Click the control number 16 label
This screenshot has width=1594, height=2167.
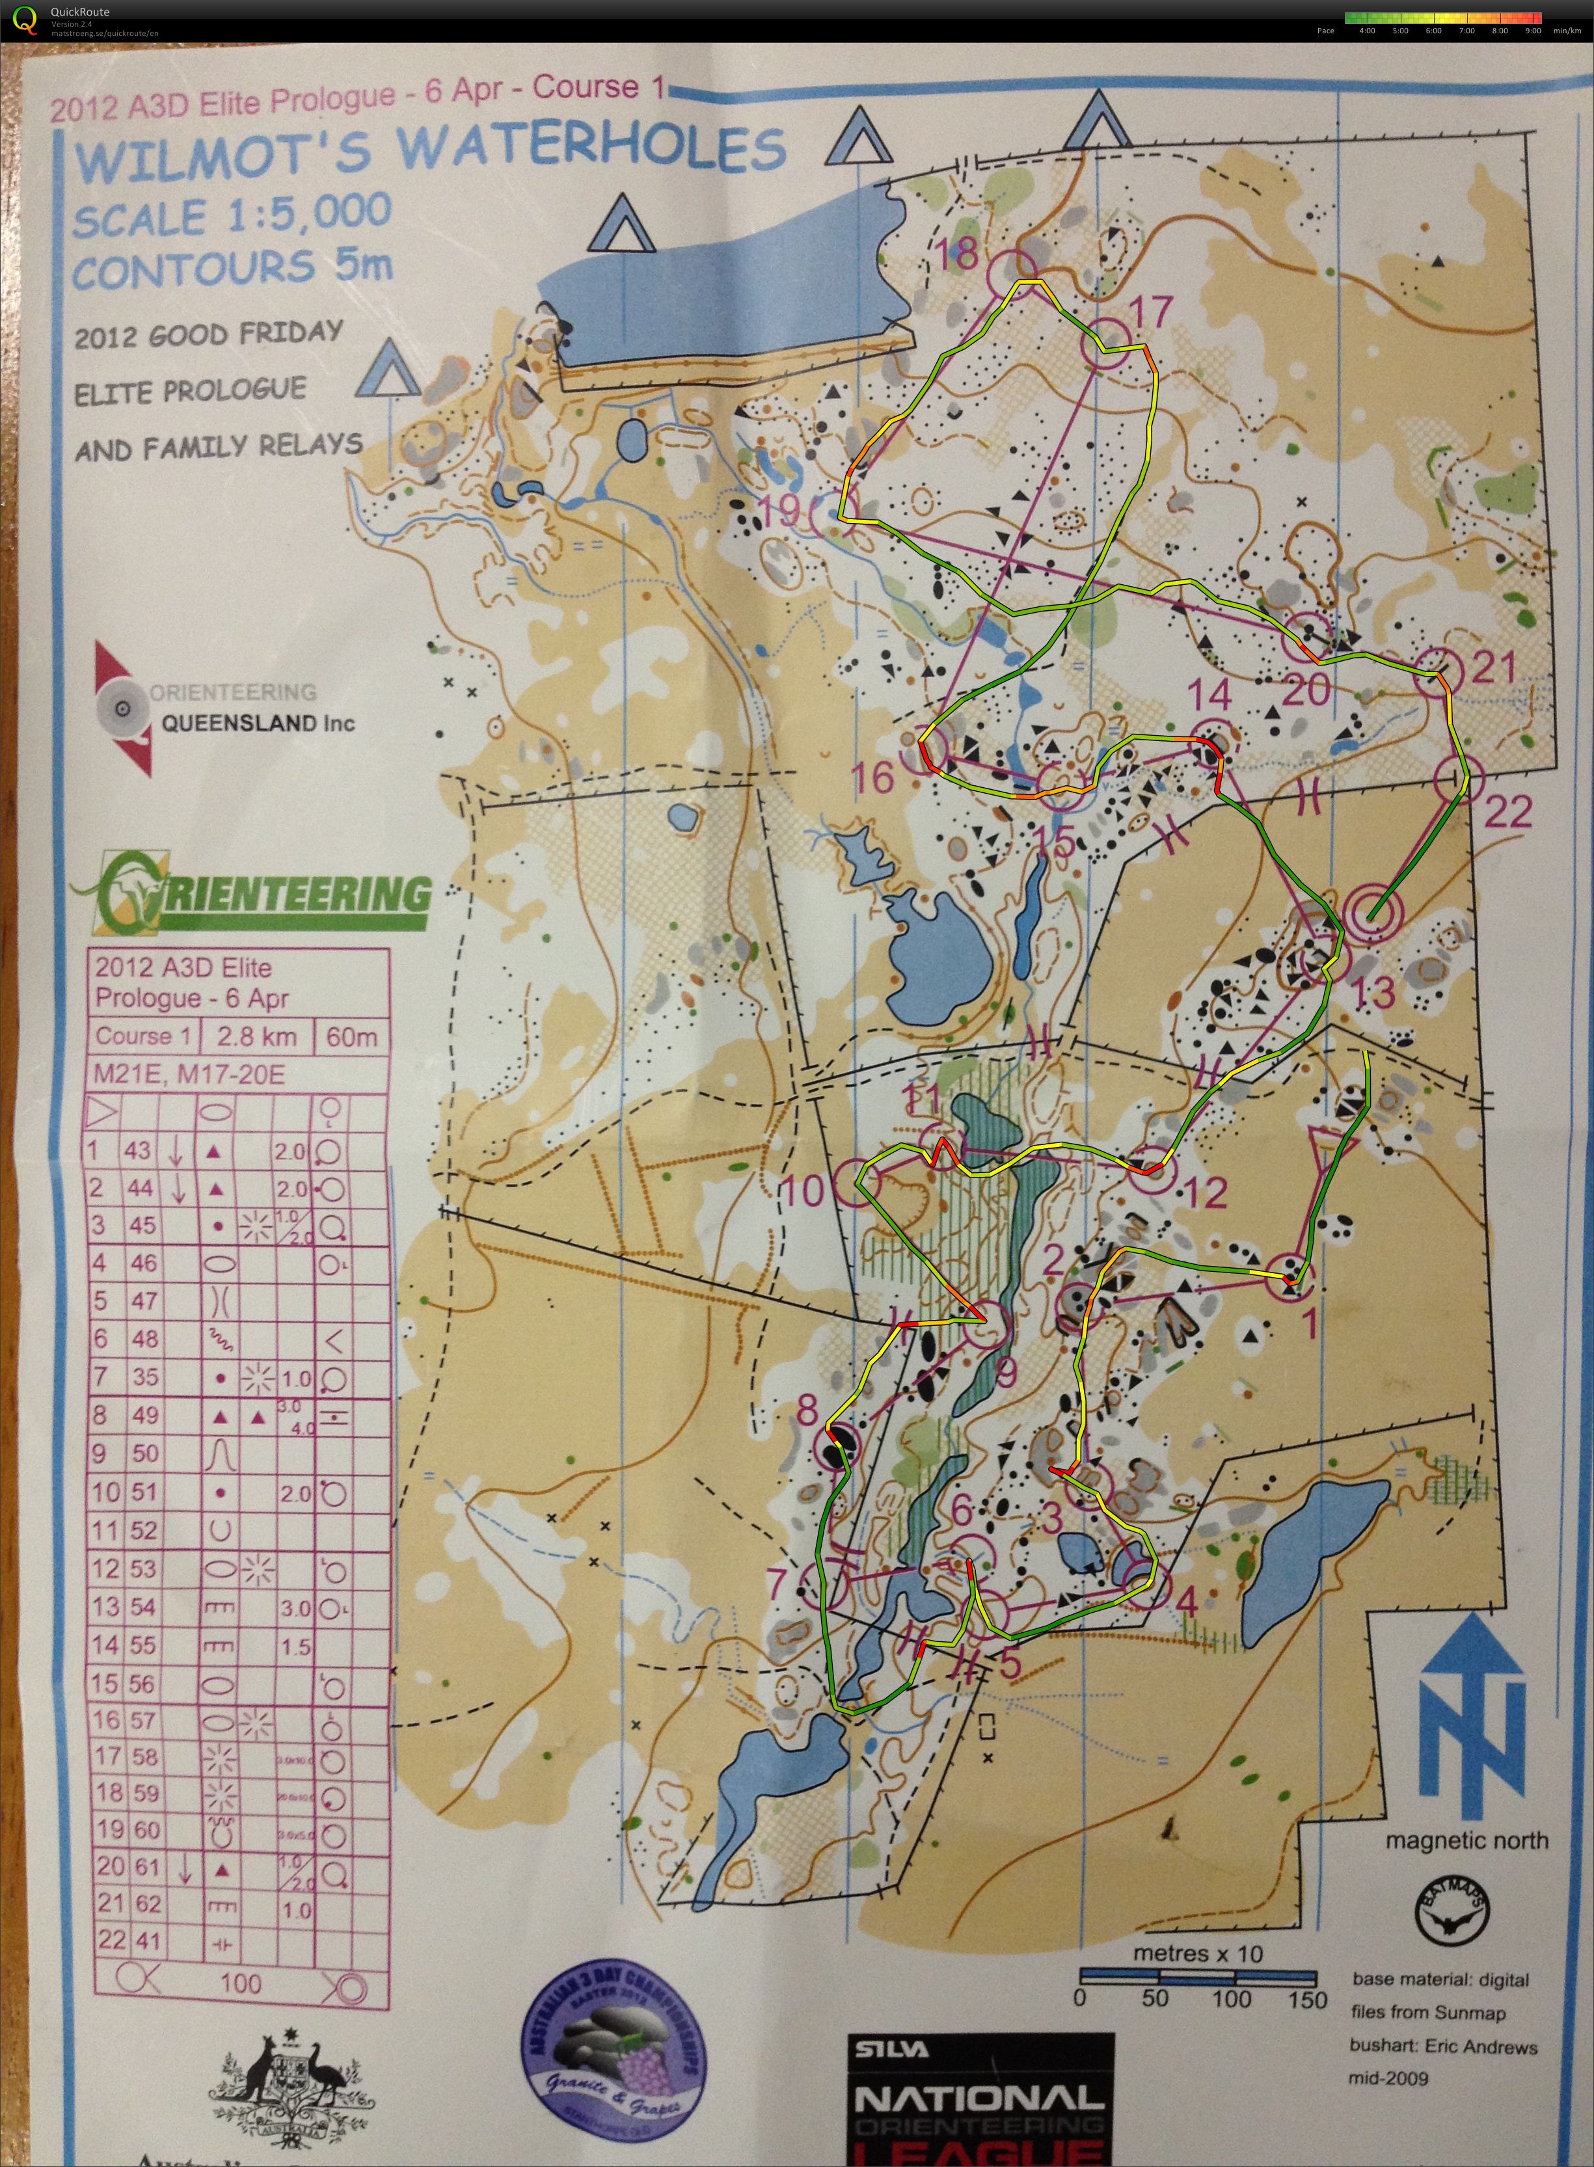click(875, 777)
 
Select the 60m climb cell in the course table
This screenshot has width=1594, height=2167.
click(352, 1037)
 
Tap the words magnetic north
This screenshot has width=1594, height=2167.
click(1466, 1841)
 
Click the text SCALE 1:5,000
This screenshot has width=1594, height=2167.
click(232, 215)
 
